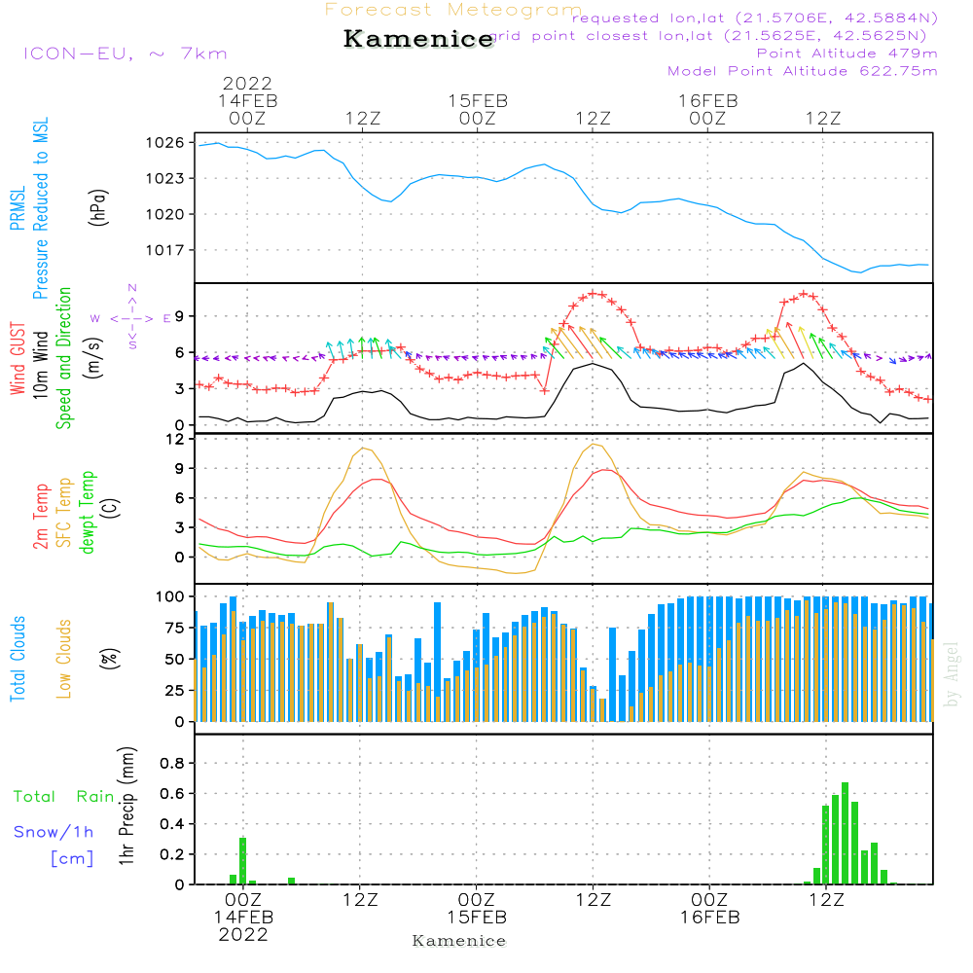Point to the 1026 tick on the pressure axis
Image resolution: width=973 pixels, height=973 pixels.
coord(166,142)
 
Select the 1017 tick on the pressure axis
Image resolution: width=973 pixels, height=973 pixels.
coord(166,250)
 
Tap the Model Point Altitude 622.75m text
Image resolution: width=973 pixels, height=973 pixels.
coord(802,71)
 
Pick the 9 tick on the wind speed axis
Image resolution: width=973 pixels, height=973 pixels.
coord(178,316)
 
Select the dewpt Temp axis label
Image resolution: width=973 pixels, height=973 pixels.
coord(88,512)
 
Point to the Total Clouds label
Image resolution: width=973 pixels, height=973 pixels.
coord(18,659)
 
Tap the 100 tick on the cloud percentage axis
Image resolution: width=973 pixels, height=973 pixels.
coord(169,595)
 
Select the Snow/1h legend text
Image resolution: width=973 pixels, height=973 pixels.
coord(54,832)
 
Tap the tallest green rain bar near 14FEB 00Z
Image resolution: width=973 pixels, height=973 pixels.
coord(243,860)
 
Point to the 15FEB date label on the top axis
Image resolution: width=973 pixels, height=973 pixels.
coord(478,101)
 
